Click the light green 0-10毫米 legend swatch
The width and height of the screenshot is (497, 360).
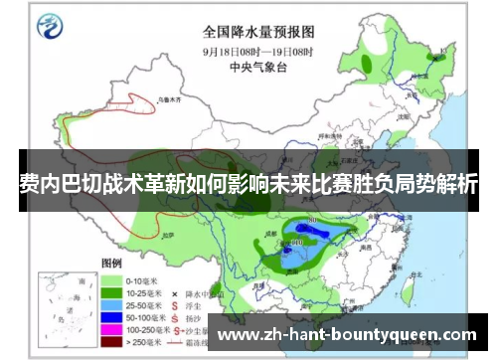pyautogui.click(x=112, y=281)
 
